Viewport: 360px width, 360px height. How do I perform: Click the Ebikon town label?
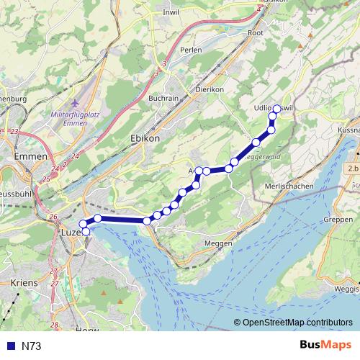(x=145, y=138)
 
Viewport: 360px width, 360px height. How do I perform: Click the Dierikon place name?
(x=210, y=89)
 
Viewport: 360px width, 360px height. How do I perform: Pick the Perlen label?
(x=192, y=50)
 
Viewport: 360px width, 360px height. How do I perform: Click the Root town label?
(x=255, y=32)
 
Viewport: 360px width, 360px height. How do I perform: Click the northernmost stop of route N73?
(x=276, y=109)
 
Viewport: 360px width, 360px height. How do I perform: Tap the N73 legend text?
(x=31, y=346)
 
